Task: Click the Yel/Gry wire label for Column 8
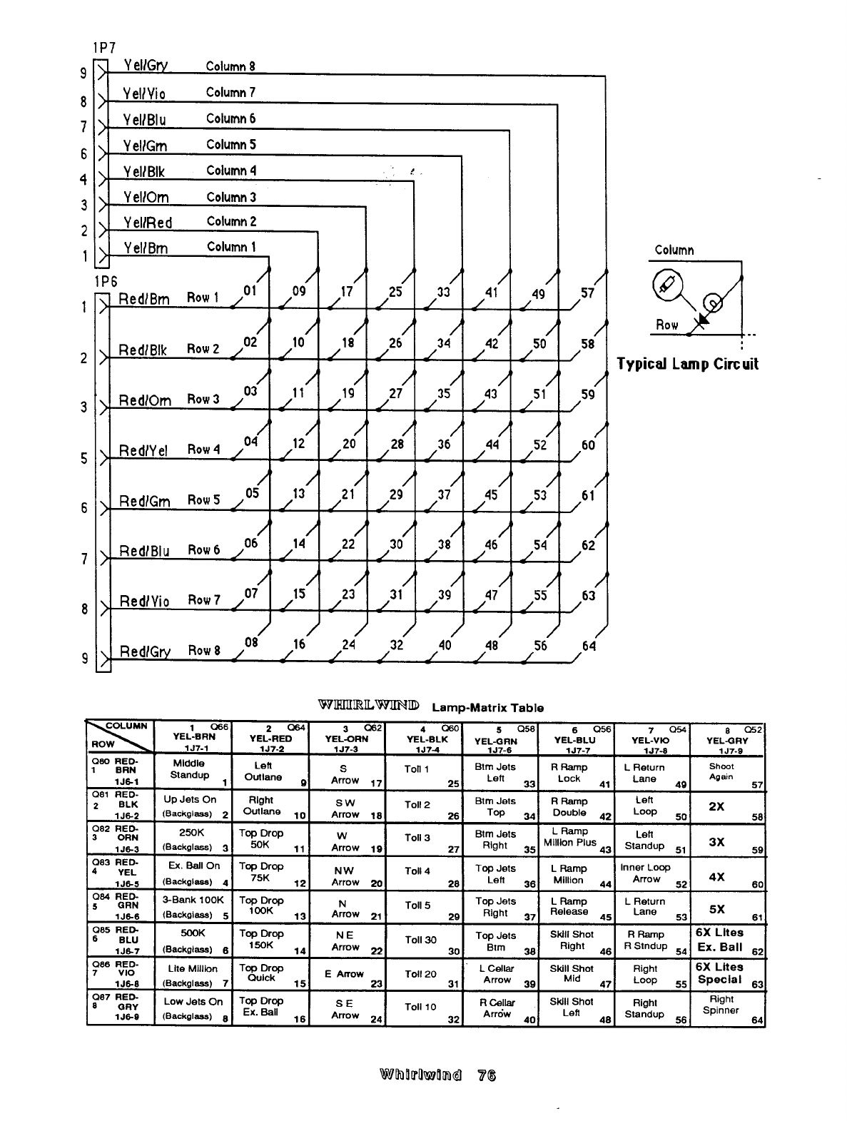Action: point(146,66)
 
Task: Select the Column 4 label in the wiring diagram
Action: point(231,171)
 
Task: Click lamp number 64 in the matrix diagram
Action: point(589,646)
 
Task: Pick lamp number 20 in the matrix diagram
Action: point(349,443)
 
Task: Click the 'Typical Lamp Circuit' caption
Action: point(687,364)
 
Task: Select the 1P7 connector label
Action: point(103,49)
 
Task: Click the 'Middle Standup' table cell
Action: point(191,769)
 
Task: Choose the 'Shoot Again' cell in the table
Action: point(721,772)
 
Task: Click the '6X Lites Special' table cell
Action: point(720,973)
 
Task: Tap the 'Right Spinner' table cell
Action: point(721,1005)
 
